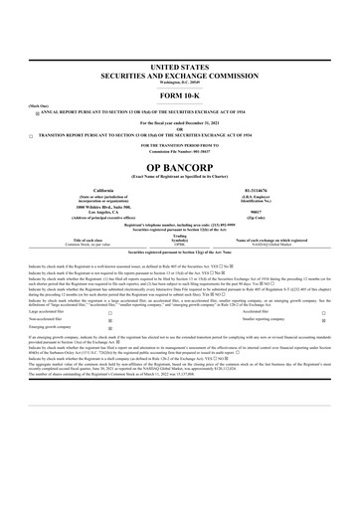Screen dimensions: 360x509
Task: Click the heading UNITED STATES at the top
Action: [180, 65]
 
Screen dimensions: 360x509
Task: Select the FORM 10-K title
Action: [180, 93]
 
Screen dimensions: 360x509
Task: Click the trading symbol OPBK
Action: [180, 245]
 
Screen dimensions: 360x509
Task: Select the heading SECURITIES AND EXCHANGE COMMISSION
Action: [180, 74]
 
